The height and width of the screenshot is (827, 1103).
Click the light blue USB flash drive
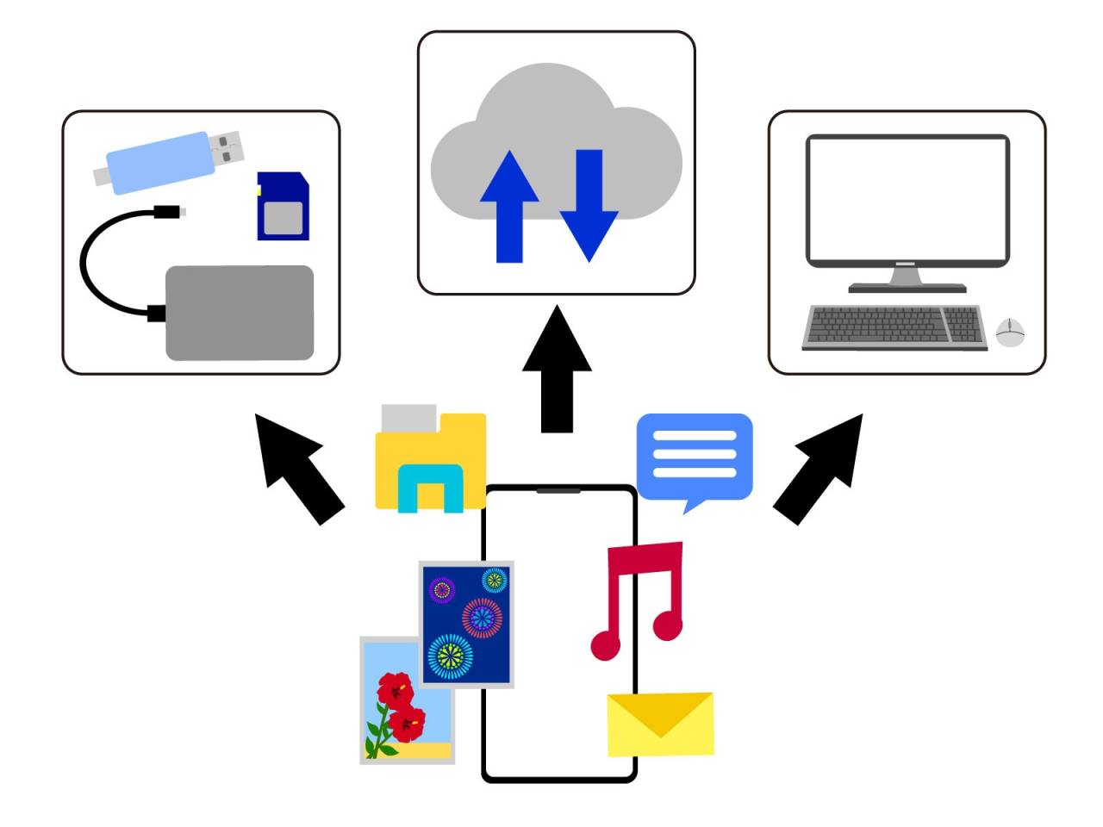pyautogui.click(x=159, y=162)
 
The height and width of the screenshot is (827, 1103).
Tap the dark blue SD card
pyautogui.click(x=283, y=207)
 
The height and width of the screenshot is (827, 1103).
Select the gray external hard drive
pyautogui.click(x=239, y=312)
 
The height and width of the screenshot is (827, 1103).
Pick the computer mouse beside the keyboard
pyautogui.click(x=1010, y=332)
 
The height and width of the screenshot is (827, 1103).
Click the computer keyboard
pyautogui.click(x=894, y=327)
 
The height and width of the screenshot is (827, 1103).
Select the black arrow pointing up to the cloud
pyautogui.click(x=557, y=370)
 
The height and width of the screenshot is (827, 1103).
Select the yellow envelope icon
pyautogui.click(x=660, y=724)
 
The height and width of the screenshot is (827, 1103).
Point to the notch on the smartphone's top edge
pyautogui.click(x=558, y=491)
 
